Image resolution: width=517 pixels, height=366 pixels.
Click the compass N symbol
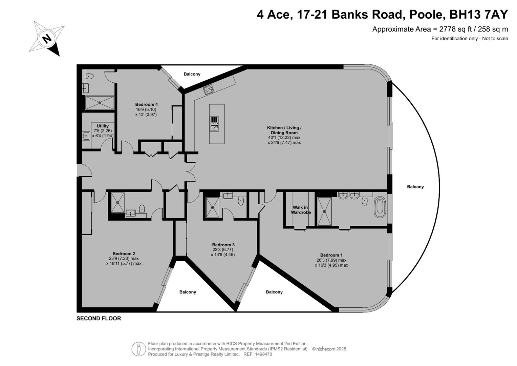coord(47,38)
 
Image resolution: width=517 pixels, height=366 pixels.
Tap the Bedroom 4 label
coord(146,104)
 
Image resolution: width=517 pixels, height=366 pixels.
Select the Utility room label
coord(103,126)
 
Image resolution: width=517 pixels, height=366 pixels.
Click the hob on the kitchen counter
coord(209,90)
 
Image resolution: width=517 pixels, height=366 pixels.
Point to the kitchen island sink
coord(214,124)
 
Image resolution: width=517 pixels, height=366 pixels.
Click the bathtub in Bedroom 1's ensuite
coord(380,207)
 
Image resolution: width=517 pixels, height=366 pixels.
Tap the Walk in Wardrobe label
coord(301,210)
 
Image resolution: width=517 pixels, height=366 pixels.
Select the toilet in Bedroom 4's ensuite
coord(89,76)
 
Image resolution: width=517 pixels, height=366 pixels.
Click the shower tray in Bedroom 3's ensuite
coord(213,207)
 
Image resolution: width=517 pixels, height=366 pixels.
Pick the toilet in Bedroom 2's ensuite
coord(142,209)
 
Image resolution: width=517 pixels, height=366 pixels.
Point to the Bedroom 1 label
coord(331,255)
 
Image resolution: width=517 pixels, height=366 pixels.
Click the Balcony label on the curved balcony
coord(415,187)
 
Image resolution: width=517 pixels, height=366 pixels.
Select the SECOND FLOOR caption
coord(99,319)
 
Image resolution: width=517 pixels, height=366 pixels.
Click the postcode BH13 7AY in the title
coord(479,14)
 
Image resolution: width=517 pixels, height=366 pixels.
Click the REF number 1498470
coord(258,354)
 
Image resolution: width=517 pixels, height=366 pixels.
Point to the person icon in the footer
coord(138,349)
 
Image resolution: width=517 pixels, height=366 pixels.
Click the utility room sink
coord(86,136)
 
